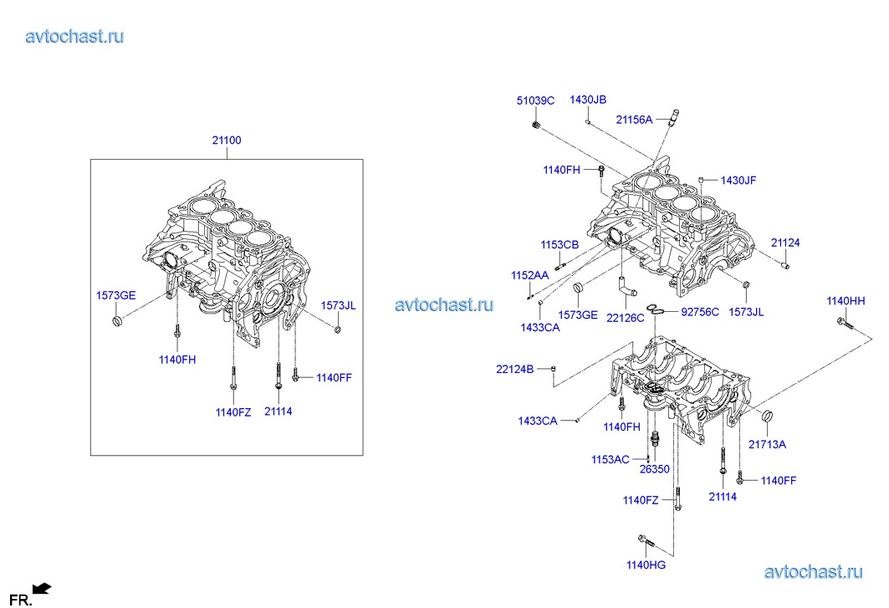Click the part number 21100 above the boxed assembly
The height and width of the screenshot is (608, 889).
(226, 141)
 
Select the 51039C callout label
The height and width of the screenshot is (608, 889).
(535, 100)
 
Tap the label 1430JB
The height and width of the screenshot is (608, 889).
(588, 100)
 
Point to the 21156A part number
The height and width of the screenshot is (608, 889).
(634, 120)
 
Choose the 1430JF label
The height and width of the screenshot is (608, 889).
(738, 180)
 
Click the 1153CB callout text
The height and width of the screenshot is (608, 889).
(559, 245)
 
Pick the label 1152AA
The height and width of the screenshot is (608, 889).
(530, 275)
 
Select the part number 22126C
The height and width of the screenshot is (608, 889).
(626, 318)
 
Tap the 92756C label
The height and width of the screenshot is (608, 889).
(700, 312)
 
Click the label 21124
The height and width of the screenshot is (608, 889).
(785, 243)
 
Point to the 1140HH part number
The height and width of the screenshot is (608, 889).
(846, 300)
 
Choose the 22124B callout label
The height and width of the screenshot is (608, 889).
(514, 368)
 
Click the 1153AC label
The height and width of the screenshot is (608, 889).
(610, 459)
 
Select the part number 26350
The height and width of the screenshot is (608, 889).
(655, 469)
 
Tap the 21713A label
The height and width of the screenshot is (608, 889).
(767, 444)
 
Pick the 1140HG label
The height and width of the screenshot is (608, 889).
(646, 565)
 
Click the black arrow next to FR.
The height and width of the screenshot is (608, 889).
(42, 589)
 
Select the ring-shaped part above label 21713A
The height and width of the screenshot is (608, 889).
(767, 416)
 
